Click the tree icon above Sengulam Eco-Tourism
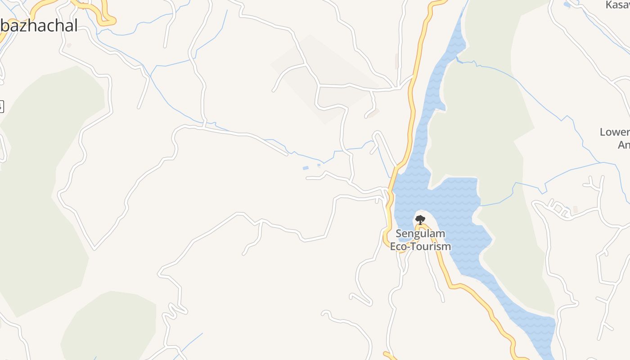point(420,220)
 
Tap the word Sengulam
point(420,234)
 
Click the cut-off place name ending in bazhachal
point(39,26)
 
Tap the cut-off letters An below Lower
point(624,145)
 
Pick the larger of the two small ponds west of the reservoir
point(306,168)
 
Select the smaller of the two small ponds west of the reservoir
point(319,165)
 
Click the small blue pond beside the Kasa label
point(567,5)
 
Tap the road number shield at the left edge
point(1,107)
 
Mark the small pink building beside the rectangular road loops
point(575,210)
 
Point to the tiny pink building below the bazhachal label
point(69,45)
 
